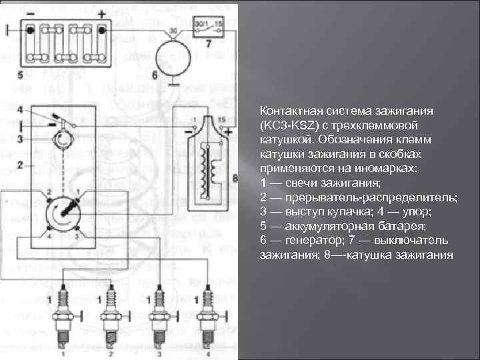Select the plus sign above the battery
pyautogui.click(x=101, y=14)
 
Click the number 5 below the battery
pyautogui.click(x=21, y=75)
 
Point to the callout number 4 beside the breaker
pyautogui.click(x=21, y=109)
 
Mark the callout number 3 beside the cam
pyautogui.click(x=21, y=139)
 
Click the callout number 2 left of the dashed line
pyautogui.click(x=21, y=163)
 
